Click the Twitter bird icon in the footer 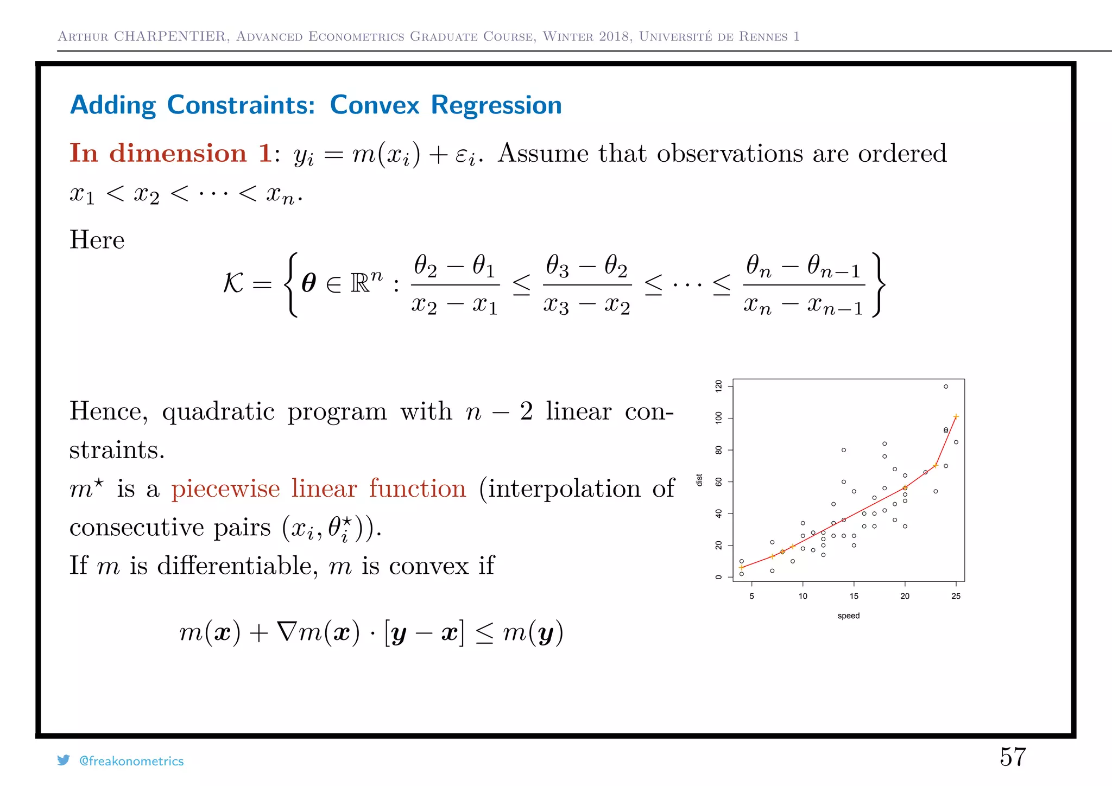pos(64,760)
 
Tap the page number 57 pos(1013,757)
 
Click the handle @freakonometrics pos(131,761)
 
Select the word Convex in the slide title pos(375,105)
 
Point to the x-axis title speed pos(848,616)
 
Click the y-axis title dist pos(699,480)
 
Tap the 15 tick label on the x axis pos(854,596)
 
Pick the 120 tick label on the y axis pos(719,386)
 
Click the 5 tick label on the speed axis pos(751,596)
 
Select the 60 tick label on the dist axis pos(719,481)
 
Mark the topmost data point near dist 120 pos(945,386)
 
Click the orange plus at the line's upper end pos(956,417)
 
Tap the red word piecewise pos(225,489)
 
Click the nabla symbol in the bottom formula pos(287,632)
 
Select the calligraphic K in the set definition pos(233,283)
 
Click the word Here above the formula pos(97,240)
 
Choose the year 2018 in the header pos(615,36)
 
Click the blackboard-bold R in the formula pos(361,283)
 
